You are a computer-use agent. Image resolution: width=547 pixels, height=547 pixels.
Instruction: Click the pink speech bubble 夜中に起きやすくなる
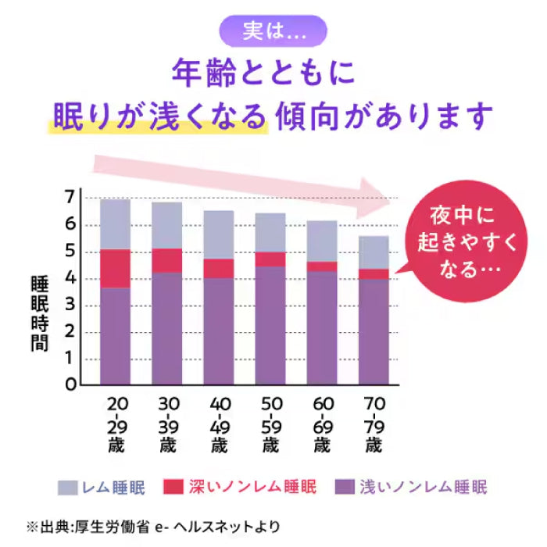[467, 242]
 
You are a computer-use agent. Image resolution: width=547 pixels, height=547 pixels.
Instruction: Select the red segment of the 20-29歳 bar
[115, 268]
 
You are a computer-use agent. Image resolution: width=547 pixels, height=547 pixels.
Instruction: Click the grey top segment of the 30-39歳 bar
[166, 225]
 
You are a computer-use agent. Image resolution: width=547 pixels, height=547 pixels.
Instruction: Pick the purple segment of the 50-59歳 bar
[270, 325]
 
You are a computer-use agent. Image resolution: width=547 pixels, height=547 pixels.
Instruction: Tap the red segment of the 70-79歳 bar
[374, 274]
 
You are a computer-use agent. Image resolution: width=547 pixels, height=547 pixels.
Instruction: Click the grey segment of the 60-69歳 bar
[321, 241]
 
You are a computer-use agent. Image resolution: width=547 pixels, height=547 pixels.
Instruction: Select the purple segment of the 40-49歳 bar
[218, 331]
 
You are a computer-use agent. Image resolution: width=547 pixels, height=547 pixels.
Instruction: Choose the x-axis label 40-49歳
[218, 425]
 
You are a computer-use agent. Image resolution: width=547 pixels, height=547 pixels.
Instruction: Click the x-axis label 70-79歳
[374, 425]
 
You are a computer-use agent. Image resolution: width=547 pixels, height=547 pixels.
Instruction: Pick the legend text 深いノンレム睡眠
[253, 488]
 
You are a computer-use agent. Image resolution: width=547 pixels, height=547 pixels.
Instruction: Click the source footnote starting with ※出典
[153, 526]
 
